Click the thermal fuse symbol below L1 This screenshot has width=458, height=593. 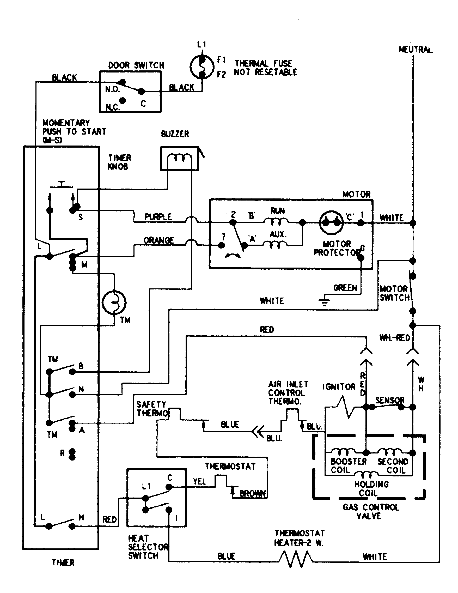[201, 67]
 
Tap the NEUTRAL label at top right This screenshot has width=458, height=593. [415, 50]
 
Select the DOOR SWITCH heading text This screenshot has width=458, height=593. [136, 65]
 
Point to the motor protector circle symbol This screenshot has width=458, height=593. [331, 222]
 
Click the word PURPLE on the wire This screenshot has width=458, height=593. [158, 217]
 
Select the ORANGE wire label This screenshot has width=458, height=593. [158, 240]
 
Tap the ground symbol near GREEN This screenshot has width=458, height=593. [325, 302]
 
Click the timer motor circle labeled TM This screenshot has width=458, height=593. [114, 302]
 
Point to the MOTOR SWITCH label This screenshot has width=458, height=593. [394, 293]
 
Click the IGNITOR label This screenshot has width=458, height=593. [339, 387]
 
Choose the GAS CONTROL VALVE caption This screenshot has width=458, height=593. [371, 512]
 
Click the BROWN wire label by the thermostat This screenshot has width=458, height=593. [253, 494]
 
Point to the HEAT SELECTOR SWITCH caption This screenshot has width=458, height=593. [148, 547]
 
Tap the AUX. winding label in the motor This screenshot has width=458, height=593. [277, 234]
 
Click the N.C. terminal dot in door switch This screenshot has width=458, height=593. [123, 101]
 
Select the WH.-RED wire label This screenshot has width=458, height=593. [394, 338]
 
